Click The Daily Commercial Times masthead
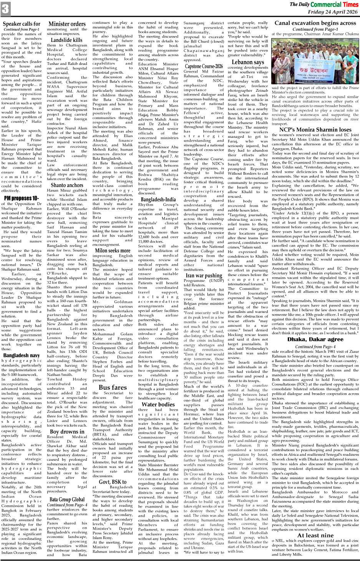(324, 4)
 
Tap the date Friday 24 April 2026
(333, 12)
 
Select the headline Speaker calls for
(22, 24)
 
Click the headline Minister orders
(67, 24)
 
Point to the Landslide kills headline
(66, 40)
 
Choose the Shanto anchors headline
(66, 185)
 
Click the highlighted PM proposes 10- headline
(22, 198)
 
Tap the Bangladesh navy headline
(22, 356)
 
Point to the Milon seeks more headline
(113, 250)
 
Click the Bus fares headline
(113, 387)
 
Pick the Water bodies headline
(158, 404)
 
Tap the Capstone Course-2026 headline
(204, 66)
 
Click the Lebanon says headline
(248, 62)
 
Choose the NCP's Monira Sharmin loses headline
(315, 130)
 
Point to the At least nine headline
(315, 535)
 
